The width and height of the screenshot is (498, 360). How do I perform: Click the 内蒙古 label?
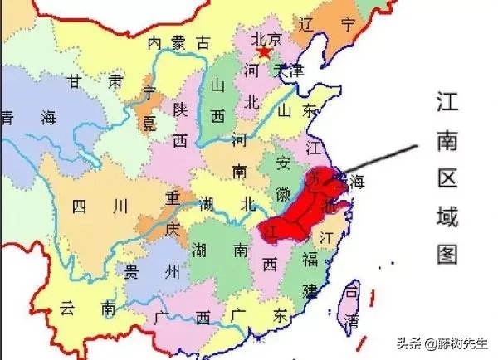click(178, 42)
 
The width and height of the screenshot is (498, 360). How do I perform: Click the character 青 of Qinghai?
click(9, 117)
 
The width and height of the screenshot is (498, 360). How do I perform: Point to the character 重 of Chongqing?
click(173, 199)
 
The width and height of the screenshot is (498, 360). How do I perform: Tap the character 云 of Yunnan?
click(67, 309)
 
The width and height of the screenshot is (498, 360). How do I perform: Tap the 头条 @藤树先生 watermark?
click(444, 345)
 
